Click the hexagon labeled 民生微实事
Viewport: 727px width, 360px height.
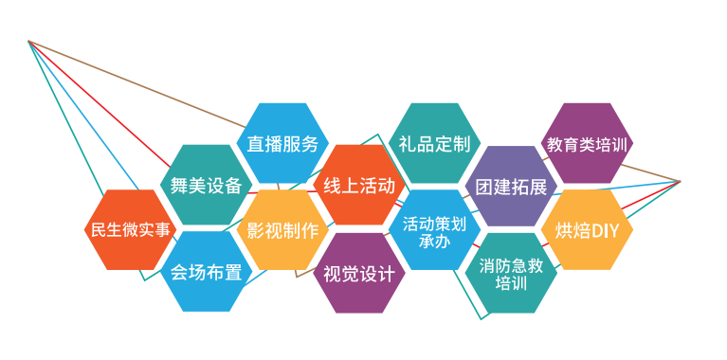(x=130, y=229)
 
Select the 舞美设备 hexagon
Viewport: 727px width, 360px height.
(x=206, y=185)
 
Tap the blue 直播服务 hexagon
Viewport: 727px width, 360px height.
(x=282, y=144)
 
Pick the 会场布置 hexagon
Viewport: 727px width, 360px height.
(x=206, y=273)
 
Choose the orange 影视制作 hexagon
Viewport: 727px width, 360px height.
(x=282, y=229)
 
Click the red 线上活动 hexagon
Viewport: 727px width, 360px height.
(x=358, y=185)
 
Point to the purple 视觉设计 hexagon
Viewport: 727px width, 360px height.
(x=358, y=273)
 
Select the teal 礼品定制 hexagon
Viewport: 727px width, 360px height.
(x=434, y=144)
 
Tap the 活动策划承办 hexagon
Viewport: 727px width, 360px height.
(x=434, y=230)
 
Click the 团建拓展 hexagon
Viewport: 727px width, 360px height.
(x=511, y=186)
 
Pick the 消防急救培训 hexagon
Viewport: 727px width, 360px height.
(x=511, y=273)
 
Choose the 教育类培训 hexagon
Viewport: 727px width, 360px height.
(x=587, y=144)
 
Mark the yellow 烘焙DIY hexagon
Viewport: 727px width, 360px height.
(x=587, y=229)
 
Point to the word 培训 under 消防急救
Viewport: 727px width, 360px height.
(x=511, y=282)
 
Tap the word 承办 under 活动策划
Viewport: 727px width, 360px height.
(x=434, y=241)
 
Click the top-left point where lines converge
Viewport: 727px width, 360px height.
(x=28, y=41)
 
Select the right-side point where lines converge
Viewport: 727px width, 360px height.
(x=681, y=180)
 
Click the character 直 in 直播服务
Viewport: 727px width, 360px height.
(x=254, y=144)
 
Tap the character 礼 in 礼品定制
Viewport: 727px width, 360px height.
(x=407, y=144)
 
